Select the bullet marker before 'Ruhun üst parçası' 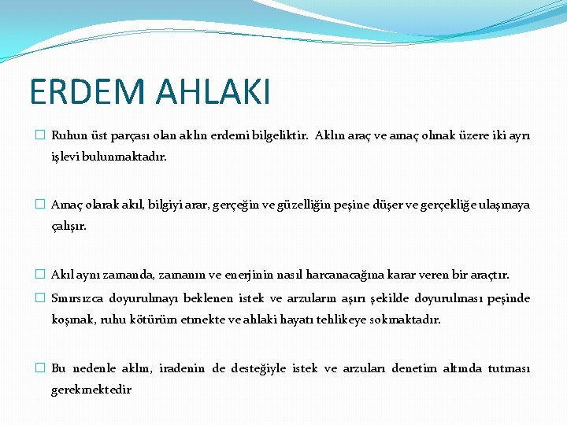(x=40, y=135)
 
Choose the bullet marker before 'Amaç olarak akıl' (x=40, y=205)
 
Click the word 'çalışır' (x=69, y=226)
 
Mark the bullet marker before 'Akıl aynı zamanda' (x=40, y=275)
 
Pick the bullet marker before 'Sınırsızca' (x=40, y=298)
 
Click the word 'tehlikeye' (x=345, y=320)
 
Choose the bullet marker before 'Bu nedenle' (x=40, y=368)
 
